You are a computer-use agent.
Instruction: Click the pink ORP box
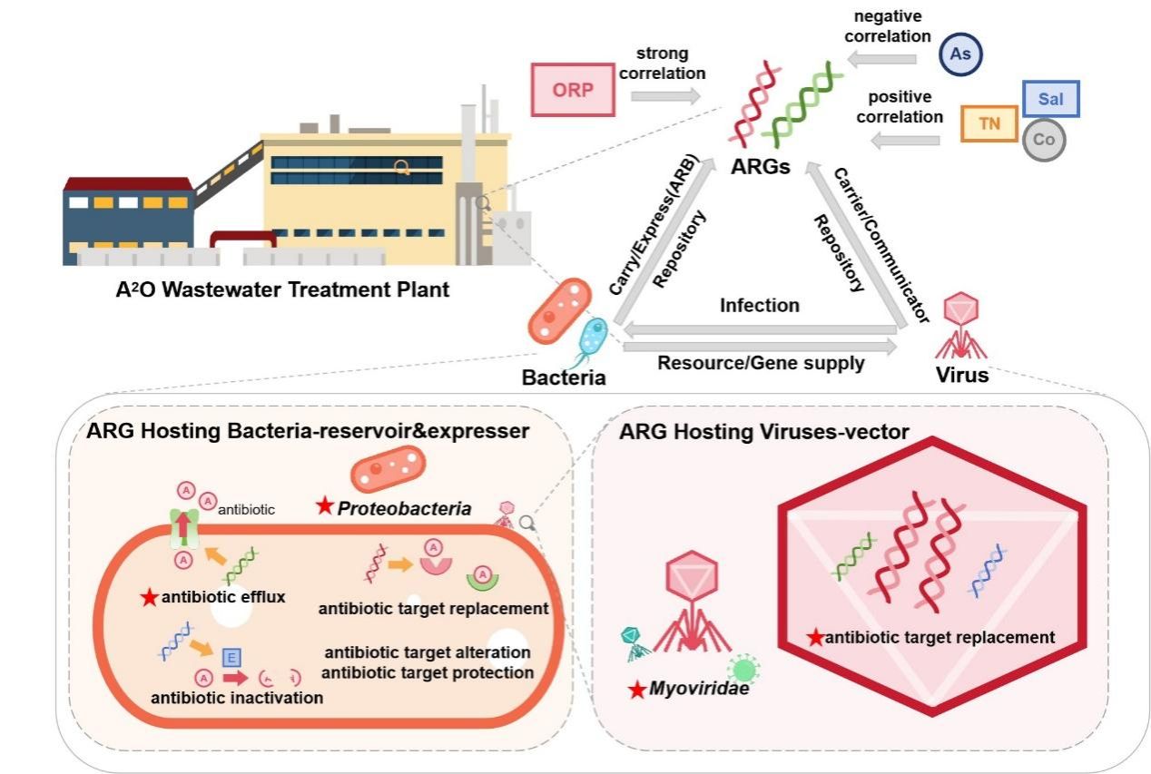(x=574, y=91)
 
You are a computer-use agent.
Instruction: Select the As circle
(x=960, y=54)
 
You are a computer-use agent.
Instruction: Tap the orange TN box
(x=989, y=123)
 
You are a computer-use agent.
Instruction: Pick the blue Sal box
(x=1050, y=99)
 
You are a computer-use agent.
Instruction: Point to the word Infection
(x=760, y=305)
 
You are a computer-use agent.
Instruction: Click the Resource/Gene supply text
(x=760, y=363)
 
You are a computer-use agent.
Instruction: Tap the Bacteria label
(x=563, y=376)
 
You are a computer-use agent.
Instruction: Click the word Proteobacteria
(x=404, y=509)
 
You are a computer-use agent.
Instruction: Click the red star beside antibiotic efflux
(x=148, y=596)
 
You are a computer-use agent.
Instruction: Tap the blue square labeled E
(x=231, y=656)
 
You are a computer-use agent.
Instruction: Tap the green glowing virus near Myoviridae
(x=744, y=670)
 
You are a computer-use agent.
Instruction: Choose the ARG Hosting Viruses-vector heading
(x=764, y=432)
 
